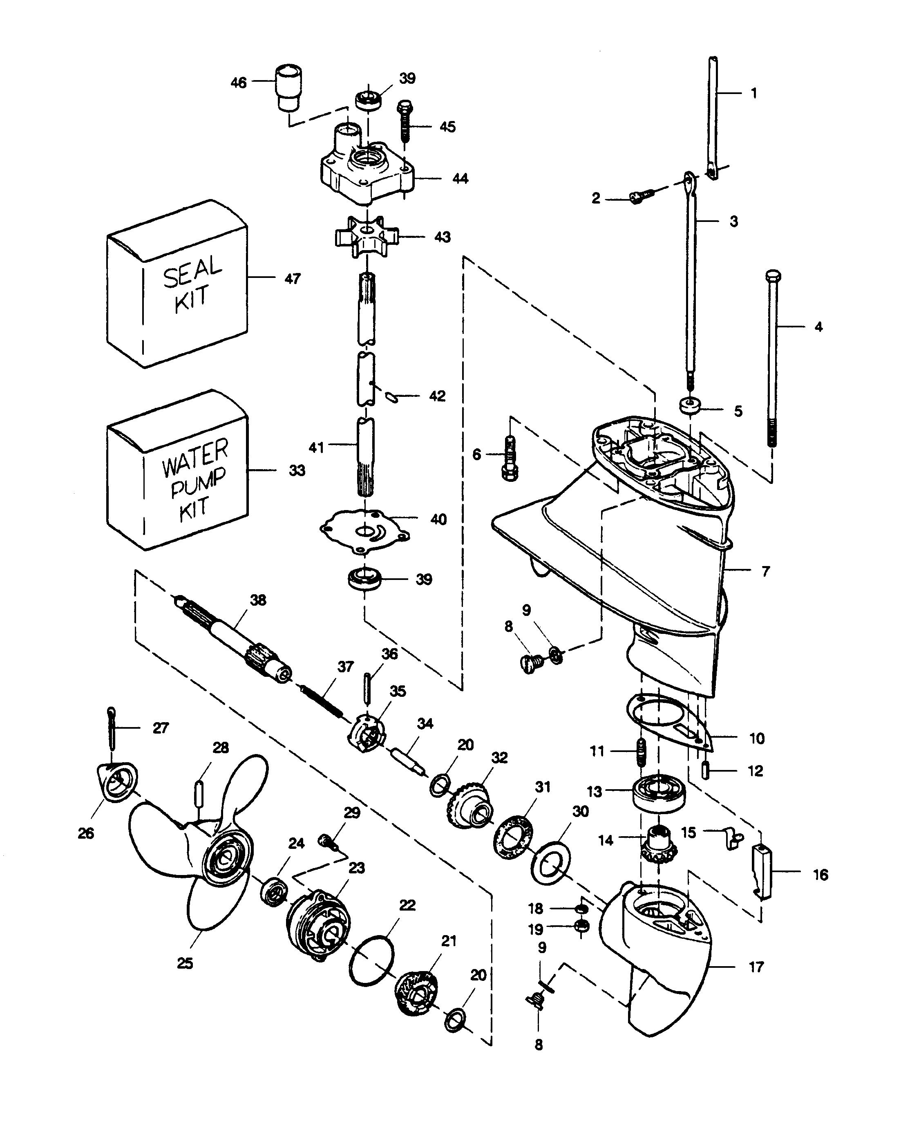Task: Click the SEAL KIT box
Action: [178, 286]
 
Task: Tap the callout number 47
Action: [292, 279]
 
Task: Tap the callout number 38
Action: [258, 600]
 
